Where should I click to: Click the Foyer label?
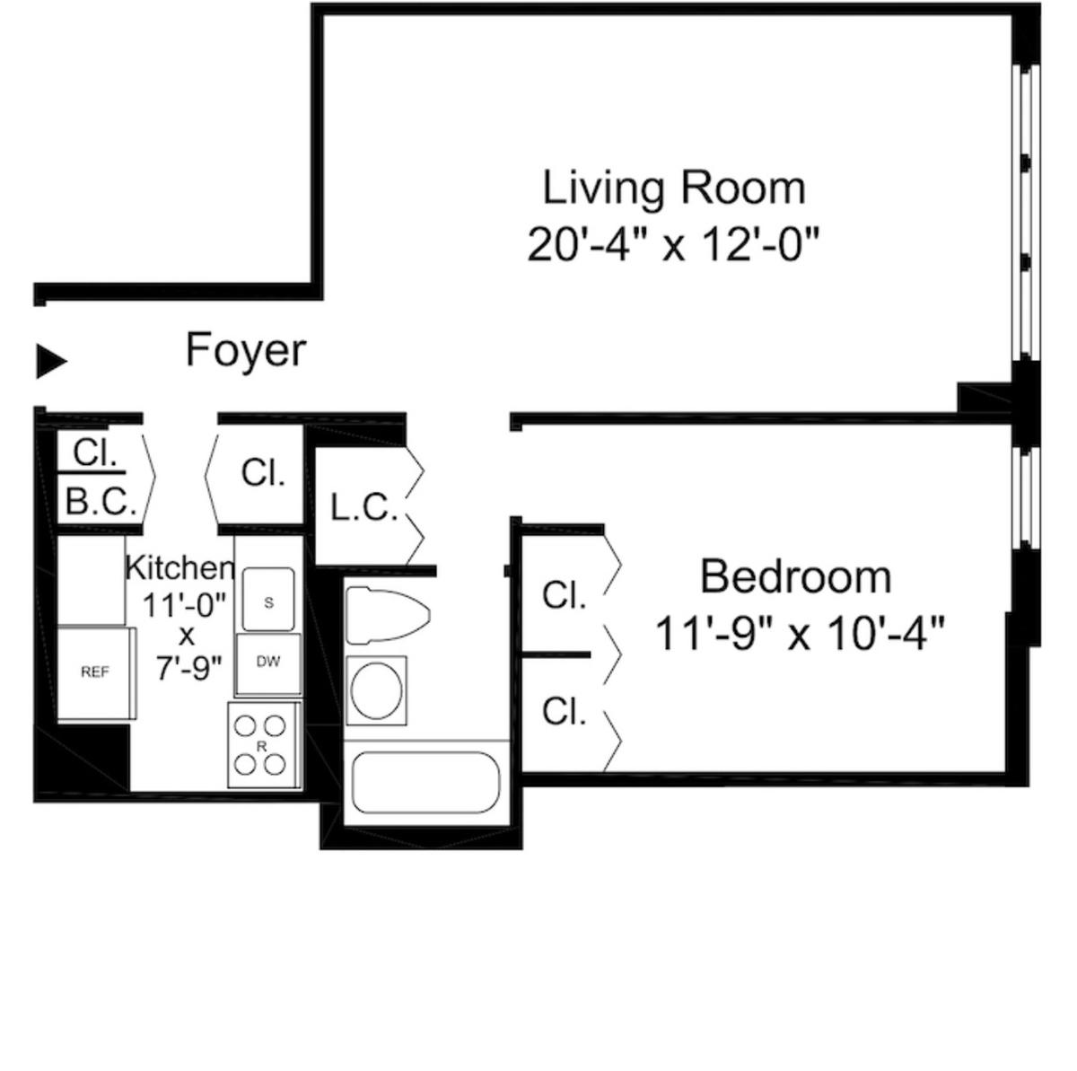point(245,350)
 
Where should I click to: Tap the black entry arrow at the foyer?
point(51,361)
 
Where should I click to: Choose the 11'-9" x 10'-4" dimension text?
point(800,633)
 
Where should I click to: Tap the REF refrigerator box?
point(97,672)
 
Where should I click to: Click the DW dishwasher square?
point(268,663)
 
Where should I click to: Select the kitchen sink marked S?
point(268,600)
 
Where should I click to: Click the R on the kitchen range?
point(261,746)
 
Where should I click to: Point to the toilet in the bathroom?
point(388,615)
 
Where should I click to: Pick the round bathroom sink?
point(377,690)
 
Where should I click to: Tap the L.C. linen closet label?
point(363,508)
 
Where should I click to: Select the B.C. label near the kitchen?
point(101,501)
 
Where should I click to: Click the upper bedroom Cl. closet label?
point(564,595)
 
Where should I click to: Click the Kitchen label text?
point(180,568)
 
